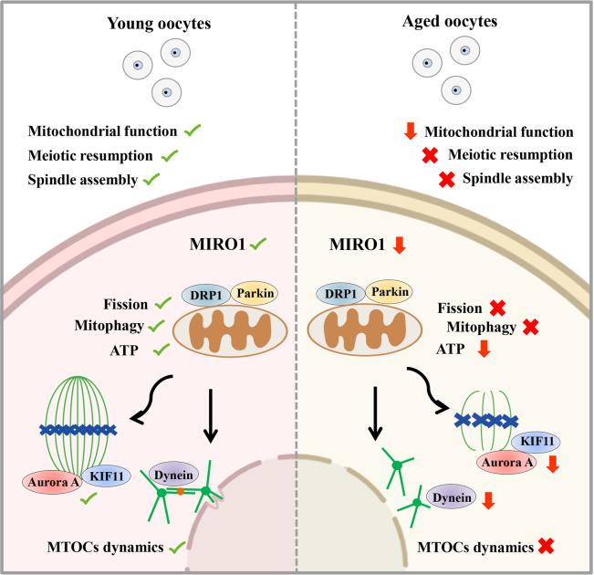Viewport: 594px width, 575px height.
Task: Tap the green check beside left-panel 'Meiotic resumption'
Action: (169, 156)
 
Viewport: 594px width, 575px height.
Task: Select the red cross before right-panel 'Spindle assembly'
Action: (446, 178)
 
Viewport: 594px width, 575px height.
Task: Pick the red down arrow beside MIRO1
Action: (396, 246)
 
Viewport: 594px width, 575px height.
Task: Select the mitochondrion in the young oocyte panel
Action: (221, 331)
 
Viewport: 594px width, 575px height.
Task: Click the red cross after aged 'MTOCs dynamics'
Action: (547, 547)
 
